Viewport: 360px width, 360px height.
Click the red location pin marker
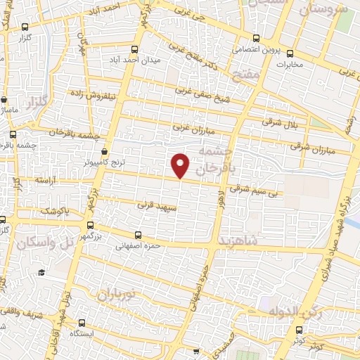(181, 165)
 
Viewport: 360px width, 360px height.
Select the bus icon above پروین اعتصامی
(256, 39)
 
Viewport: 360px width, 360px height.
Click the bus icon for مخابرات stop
(290, 53)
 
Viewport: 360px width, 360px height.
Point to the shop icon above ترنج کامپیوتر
(105, 151)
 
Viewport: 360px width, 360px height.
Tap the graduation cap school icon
(41, 273)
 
